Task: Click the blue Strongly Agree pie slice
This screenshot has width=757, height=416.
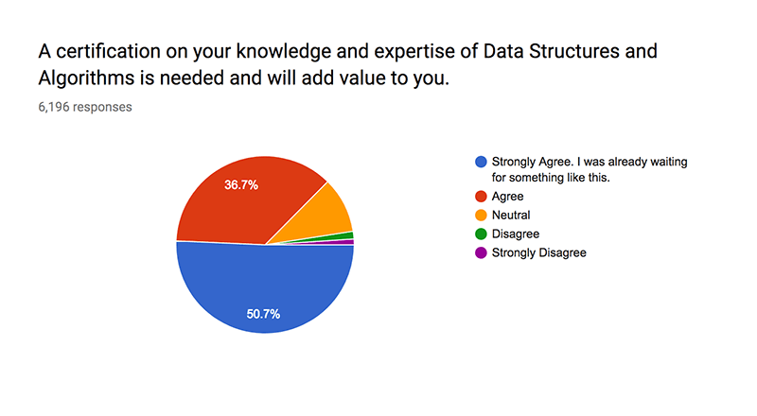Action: [265, 289]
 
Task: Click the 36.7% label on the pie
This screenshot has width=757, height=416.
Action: [241, 184]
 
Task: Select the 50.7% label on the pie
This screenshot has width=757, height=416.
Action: [263, 314]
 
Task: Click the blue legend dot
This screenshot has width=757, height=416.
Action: [481, 162]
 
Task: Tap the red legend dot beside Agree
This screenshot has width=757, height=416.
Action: [481, 197]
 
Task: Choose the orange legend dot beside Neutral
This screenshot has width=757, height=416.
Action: [481, 216]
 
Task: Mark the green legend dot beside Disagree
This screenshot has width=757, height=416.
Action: [481, 234]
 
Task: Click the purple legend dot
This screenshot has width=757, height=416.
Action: [481, 252]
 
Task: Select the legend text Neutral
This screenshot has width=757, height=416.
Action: [511, 216]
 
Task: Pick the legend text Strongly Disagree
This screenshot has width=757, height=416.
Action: [538, 252]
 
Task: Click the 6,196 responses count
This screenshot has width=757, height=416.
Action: [85, 107]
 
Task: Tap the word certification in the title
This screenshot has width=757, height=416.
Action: [108, 51]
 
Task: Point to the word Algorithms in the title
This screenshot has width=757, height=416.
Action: [86, 78]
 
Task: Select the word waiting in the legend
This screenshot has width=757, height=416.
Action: [669, 163]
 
